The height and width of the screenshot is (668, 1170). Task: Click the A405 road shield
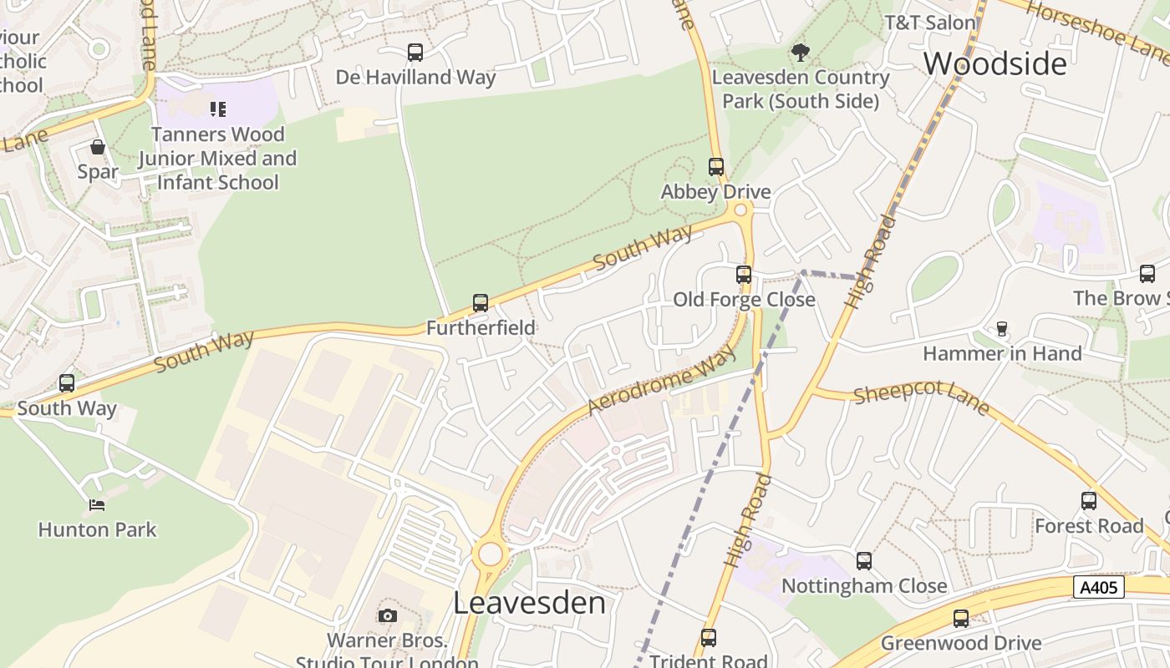click(1098, 587)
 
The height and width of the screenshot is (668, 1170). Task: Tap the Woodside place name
click(994, 63)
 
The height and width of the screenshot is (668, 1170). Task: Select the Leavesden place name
click(529, 602)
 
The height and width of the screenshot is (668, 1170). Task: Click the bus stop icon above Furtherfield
click(481, 302)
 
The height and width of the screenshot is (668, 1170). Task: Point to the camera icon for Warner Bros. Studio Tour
click(387, 615)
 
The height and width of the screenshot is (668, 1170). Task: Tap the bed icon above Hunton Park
click(97, 504)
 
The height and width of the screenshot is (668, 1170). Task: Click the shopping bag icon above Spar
click(98, 148)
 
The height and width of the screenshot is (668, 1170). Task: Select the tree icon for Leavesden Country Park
click(800, 53)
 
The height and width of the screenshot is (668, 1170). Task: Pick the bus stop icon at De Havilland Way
click(415, 52)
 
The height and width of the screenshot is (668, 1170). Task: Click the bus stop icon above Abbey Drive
click(716, 166)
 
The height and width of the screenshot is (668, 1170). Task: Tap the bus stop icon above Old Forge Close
click(743, 274)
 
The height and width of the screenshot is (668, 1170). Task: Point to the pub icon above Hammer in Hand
click(1002, 328)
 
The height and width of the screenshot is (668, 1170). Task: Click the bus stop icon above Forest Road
click(1088, 500)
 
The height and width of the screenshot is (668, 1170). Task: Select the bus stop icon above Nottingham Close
click(864, 560)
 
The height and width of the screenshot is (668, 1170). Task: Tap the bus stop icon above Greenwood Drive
click(961, 618)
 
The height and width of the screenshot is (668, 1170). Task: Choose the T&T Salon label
click(929, 23)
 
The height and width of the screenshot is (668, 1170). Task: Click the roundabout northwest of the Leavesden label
click(490, 554)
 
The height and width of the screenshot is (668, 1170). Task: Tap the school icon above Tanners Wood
click(218, 109)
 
